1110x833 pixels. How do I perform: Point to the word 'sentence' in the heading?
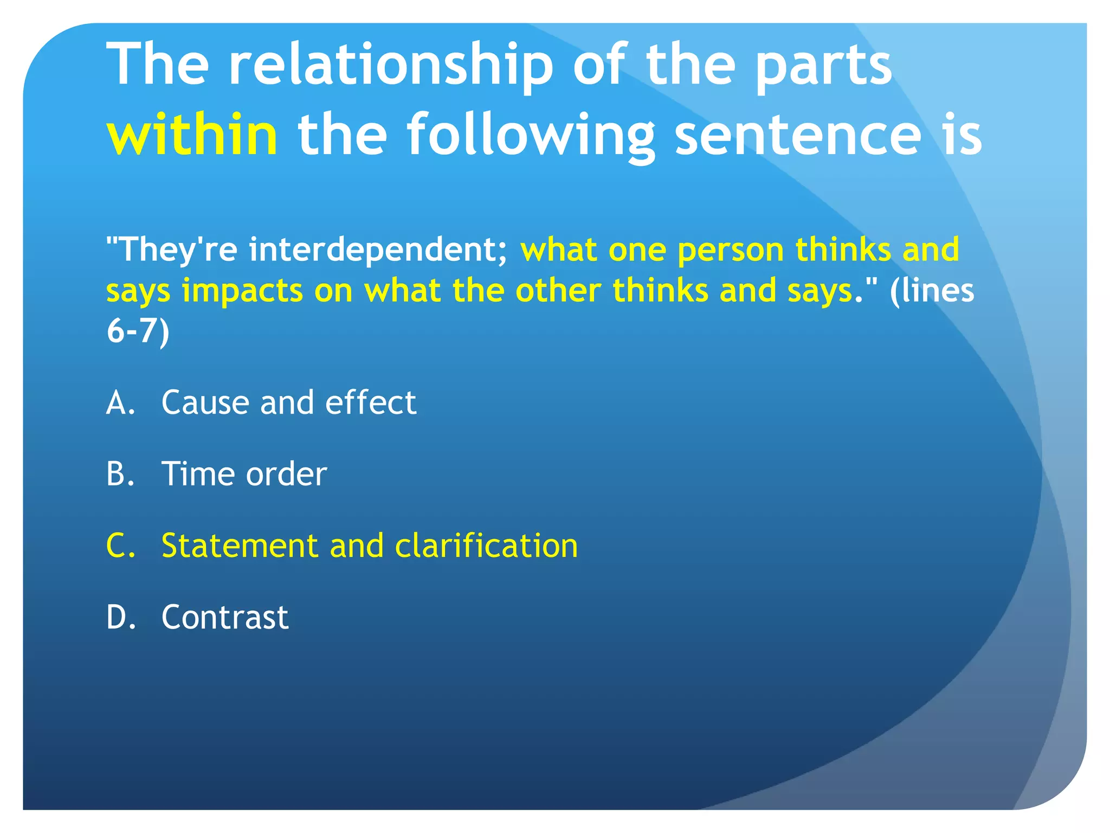click(797, 134)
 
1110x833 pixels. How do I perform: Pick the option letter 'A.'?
click(120, 403)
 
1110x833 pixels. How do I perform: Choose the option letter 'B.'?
click(120, 474)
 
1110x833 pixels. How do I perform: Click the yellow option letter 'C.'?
click(120, 546)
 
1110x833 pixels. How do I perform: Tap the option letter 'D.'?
click(121, 617)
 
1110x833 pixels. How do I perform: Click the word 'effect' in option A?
click(371, 403)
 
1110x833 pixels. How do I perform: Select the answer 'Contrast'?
click(225, 617)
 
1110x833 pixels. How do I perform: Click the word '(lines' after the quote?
click(932, 291)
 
